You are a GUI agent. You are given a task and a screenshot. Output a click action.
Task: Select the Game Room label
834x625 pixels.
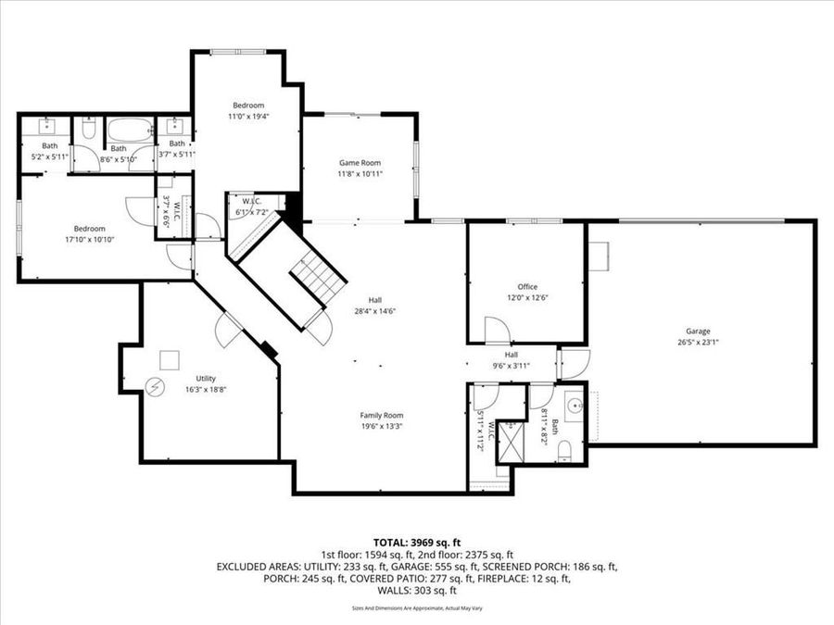point(360,163)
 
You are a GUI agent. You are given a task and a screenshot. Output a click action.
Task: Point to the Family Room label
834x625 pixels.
point(382,416)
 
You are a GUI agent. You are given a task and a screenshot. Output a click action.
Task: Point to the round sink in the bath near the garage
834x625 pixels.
point(574,406)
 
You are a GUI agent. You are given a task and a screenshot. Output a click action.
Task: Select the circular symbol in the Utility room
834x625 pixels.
point(156,385)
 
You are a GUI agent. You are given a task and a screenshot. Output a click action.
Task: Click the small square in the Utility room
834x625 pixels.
point(170,359)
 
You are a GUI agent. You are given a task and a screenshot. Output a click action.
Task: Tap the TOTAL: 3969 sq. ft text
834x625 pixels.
point(416,542)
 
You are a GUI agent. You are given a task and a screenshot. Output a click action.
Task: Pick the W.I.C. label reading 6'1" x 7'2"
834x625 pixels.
point(251,206)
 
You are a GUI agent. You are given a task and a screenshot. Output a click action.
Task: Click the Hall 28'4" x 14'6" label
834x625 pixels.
point(375,306)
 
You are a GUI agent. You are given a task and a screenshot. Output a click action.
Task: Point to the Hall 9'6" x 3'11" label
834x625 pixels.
point(512,359)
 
